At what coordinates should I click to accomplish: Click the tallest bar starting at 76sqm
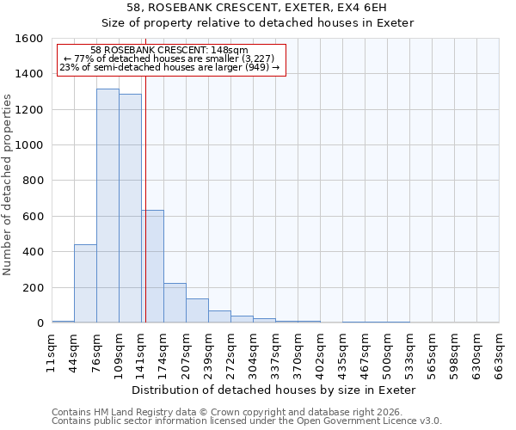pos(107,206)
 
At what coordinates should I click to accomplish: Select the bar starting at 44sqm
pos(85,284)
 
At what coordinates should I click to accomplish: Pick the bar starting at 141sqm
pos(152,267)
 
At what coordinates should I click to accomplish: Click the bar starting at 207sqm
pos(197,310)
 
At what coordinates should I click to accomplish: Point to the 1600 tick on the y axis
pos(29,39)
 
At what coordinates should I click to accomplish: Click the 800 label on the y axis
pos(33,181)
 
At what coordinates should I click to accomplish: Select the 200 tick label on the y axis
pos(33,288)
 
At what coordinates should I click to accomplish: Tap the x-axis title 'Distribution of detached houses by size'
pos(275,390)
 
